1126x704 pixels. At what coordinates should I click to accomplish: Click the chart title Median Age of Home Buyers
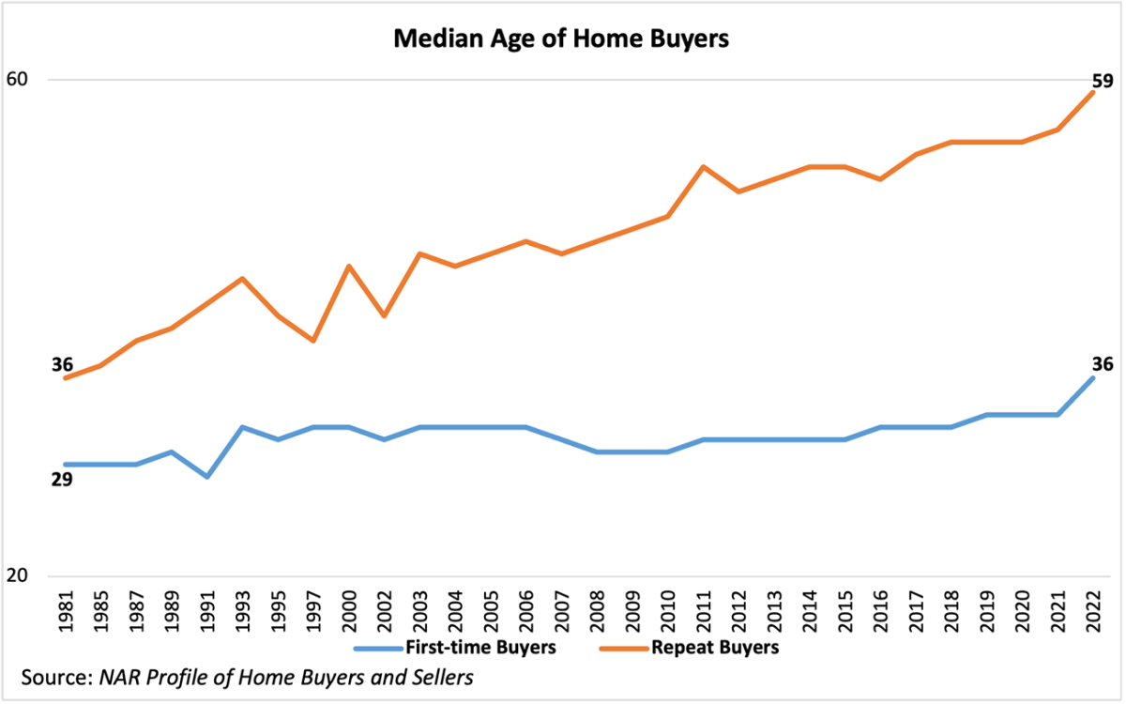(561, 39)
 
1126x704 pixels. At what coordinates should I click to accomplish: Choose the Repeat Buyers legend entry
(714, 647)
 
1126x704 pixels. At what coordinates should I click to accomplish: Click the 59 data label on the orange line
(1102, 81)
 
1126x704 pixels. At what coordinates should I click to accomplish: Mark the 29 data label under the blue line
(62, 481)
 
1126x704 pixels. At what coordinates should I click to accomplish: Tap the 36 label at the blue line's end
(1102, 364)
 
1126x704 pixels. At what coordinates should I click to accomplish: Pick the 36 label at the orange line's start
(62, 364)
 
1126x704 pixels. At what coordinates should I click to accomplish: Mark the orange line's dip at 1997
(313, 341)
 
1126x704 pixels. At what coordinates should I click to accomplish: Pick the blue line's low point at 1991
(206, 477)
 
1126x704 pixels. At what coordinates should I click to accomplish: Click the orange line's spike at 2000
(349, 267)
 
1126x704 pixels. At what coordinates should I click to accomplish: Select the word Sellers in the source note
(440, 677)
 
